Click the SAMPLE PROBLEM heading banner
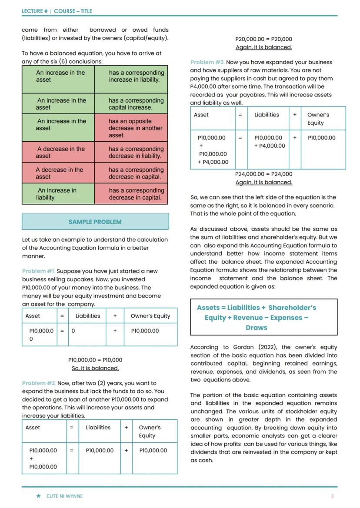[x=95, y=222]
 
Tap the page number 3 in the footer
[x=333, y=496]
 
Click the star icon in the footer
[x=39, y=496]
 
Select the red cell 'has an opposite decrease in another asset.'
[x=131, y=128]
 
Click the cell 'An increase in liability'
[x=58, y=194]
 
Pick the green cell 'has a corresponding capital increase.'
[x=131, y=104]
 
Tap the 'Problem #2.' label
[x=39, y=383]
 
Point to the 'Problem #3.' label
[x=207, y=62]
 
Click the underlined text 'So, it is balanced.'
[x=95, y=368]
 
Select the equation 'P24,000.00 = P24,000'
[x=263, y=174]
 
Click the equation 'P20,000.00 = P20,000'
[x=263, y=39]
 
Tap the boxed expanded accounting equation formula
[x=263, y=317]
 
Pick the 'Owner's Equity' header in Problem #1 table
[x=150, y=316]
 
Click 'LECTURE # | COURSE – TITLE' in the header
[x=57, y=11]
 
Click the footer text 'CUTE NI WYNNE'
[x=64, y=496]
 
